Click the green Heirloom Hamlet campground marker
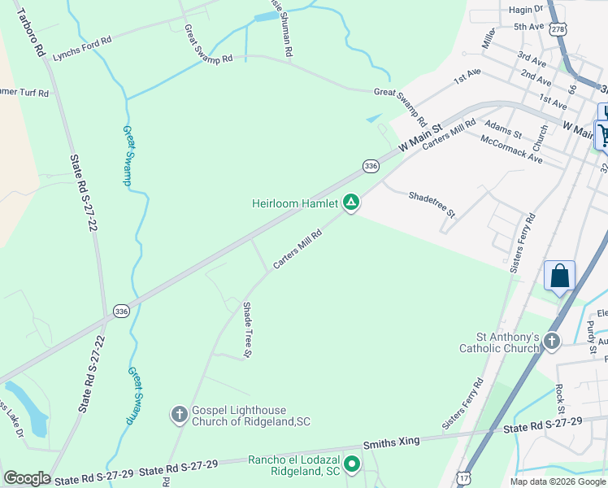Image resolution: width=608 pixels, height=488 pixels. tap(351, 202)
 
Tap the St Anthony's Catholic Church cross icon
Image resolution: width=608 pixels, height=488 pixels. tap(552, 341)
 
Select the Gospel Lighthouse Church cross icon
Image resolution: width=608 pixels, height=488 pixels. tap(180, 415)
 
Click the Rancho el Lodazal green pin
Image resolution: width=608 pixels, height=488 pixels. tap(352, 464)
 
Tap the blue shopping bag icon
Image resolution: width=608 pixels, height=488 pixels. tap(560, 276)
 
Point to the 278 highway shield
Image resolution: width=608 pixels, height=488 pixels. tap(557, 28)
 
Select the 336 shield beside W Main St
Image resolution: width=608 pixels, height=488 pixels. tap(371, 166)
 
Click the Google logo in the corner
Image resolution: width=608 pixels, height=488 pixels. tap(27, 477)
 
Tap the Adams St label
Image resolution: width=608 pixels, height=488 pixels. tap(502, 128)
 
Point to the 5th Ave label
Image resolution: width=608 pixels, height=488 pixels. tap(528, 27)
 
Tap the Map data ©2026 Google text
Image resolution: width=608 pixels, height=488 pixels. tap(558, 481)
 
